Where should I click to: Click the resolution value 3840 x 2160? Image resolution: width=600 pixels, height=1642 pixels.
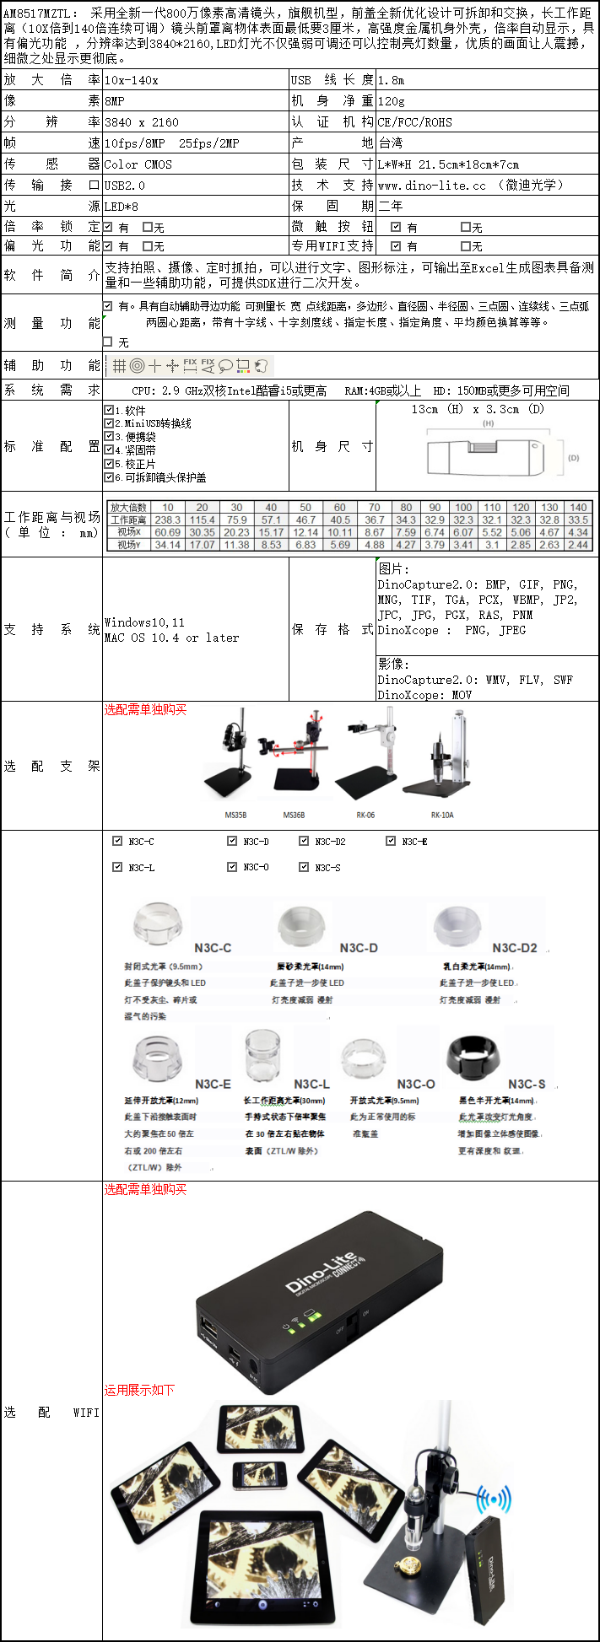click(x=142, y=122)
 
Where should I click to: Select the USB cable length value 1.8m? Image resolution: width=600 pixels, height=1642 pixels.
click(x=392, y=80)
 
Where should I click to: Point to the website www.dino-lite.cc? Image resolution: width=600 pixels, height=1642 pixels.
click(x=432, y=186)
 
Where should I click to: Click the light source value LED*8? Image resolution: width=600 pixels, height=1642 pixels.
click(x=122, y=207)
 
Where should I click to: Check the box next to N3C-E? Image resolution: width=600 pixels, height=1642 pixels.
click(x=391, y=841)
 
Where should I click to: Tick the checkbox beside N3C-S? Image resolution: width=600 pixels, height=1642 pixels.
click(x=304, y=866)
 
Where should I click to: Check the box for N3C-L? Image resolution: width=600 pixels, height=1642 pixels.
click(x=117, y=866)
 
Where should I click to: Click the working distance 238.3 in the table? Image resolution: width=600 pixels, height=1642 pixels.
click(x=168, y=520)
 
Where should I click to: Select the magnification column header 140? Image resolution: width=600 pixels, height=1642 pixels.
click(x=578, y=508)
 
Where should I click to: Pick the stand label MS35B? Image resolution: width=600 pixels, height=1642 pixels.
click(x=235, y=816)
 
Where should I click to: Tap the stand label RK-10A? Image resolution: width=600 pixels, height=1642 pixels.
click(x=442, y=816)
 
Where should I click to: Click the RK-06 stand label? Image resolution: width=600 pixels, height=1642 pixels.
click(x=365, y=816)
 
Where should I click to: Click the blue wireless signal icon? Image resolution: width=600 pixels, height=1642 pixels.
click(x=493, y=1500)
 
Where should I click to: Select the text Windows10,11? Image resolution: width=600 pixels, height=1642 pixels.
click(x=144, y=623)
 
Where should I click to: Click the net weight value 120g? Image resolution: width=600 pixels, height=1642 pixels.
click(x=392, y=101)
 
